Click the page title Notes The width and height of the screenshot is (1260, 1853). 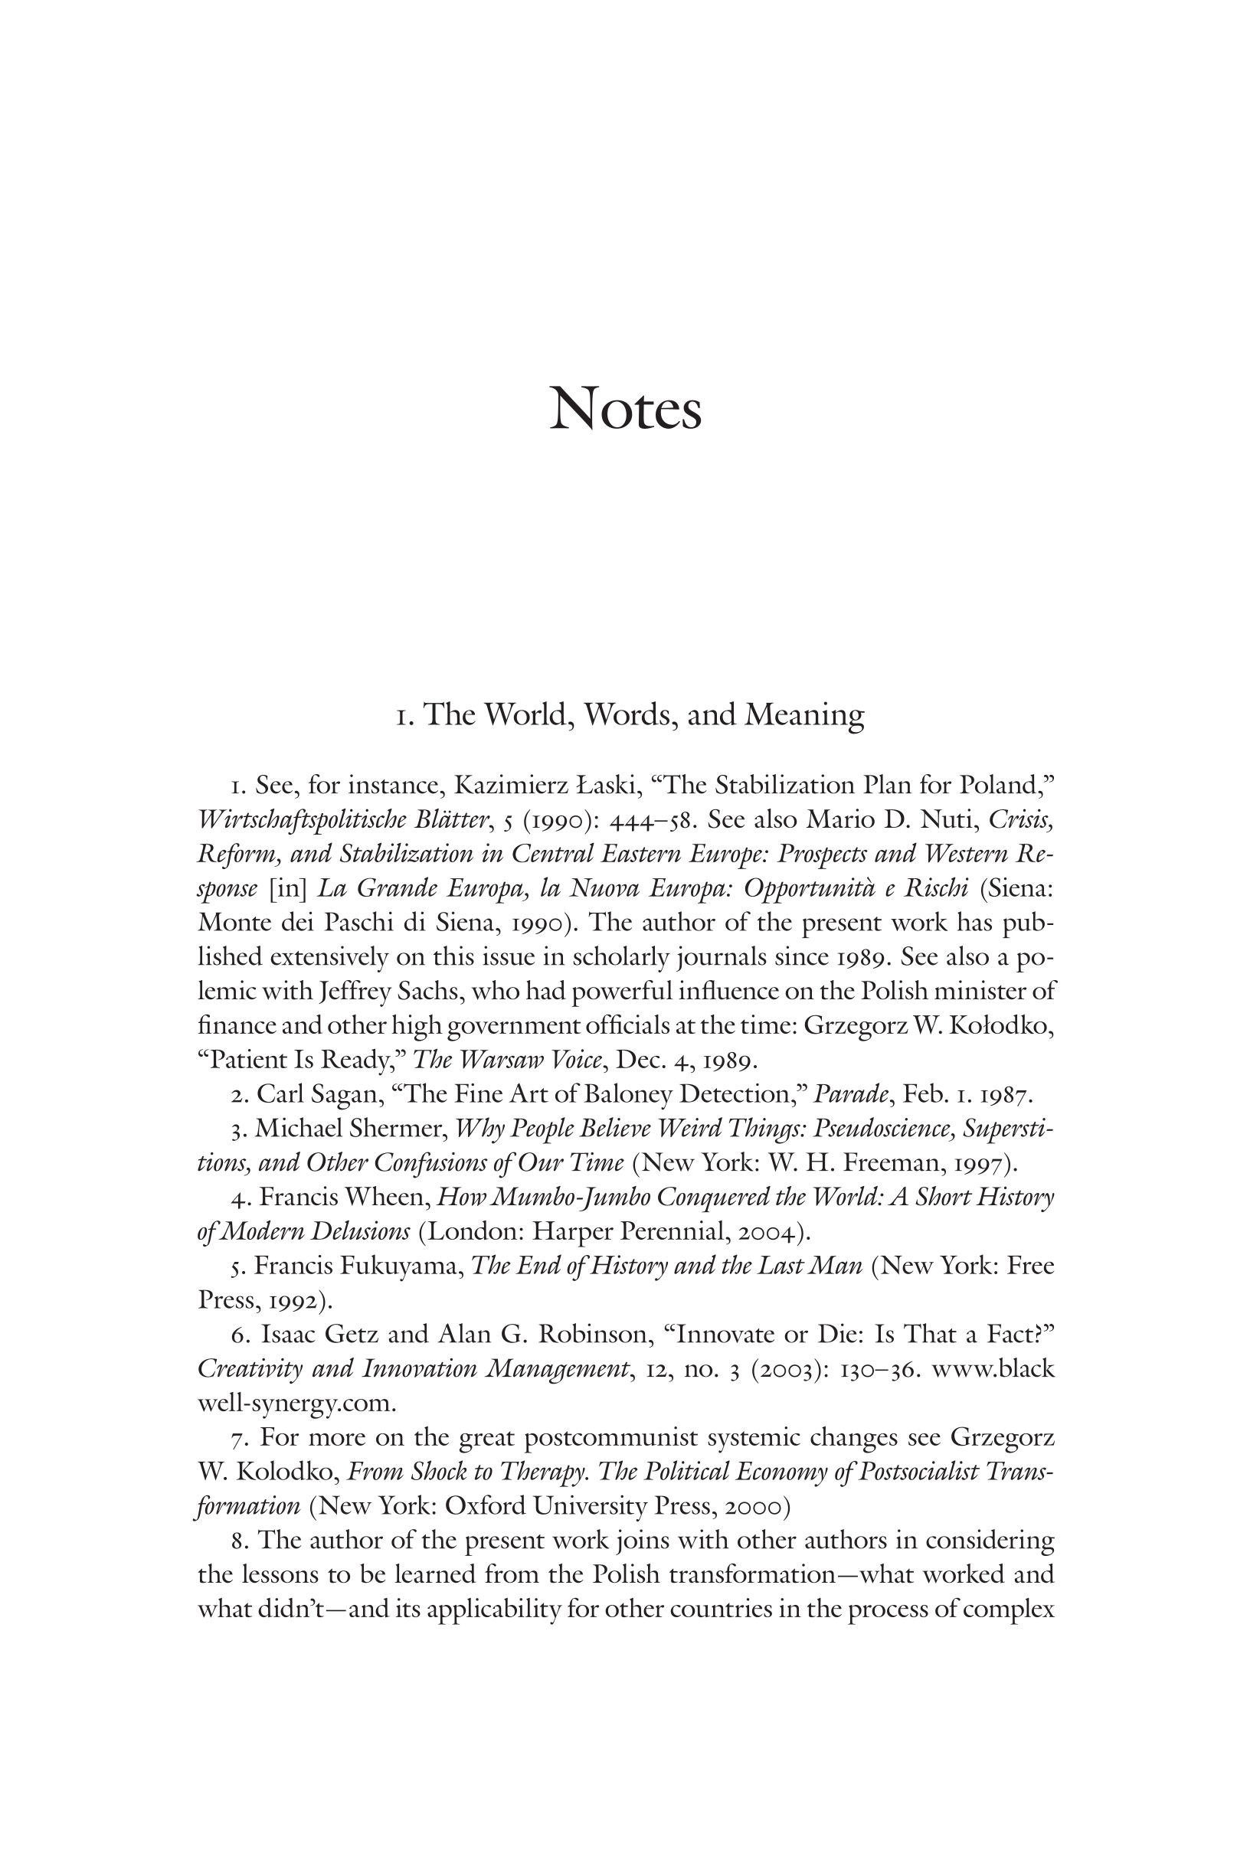click(625, 410)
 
